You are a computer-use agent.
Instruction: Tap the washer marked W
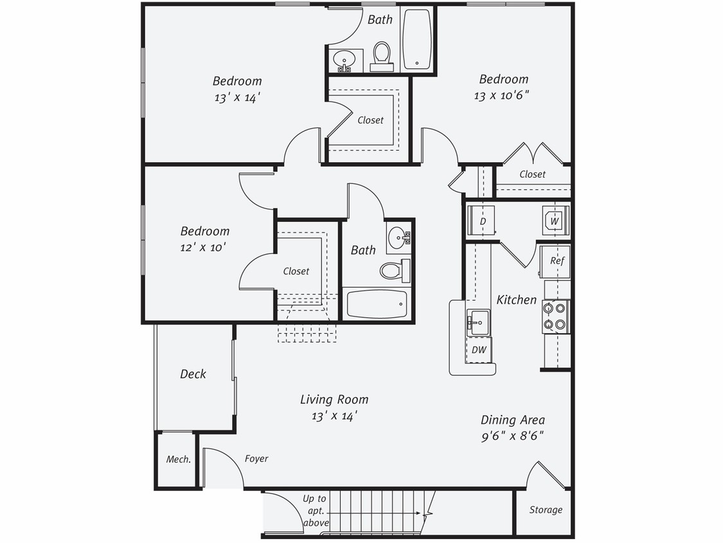pyautogui.click(x=555, y=221)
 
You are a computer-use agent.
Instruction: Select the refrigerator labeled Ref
pyautogui.click(x=557, y=261)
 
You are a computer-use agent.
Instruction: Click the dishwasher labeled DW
pyautogui.click(x=478, y=350)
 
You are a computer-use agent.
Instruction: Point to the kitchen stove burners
pyautogui.click(x=555, y=317)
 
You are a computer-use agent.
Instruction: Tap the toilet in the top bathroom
pyautogui.click(x=382, y=55)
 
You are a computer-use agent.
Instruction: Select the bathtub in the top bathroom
pyautogui.click(x=418, y=40)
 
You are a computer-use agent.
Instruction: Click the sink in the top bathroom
pyautogui.click(x=345, y=60)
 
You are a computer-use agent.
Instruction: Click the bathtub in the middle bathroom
pyautogui.click(x=377, y=304)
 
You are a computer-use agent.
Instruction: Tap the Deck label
pyautogui.click(x=193, y=374)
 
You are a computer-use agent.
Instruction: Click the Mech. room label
pyautogui.click(x=178, y=459)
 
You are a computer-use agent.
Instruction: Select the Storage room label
pyautogui.click(x=546, y=510)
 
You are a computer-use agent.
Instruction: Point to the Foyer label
pyautogui.click(x=256, y=459)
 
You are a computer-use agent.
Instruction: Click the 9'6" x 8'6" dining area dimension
pyautogui.click(x=512, y=436)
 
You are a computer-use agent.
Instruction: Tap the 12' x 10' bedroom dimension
pyautogui.click(x=204, y=246)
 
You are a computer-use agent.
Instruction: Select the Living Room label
pyautogui.click(x=334, y=400)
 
